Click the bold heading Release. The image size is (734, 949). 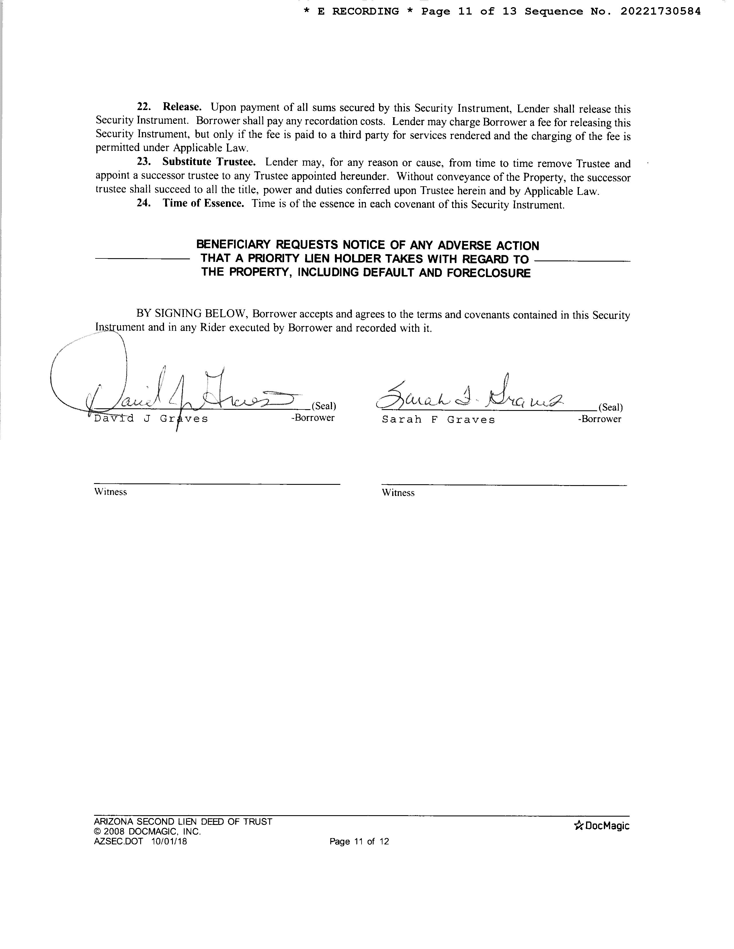pyautogui.click(x=182, y=107)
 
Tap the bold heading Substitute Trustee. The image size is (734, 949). pyautogui.click(x=209, y=162)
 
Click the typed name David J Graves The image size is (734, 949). pyautogui.click(x=151, y=419)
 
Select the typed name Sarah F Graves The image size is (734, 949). pyautogui.click(x=438, y=420)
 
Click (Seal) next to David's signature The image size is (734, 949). pyautogui.click(x=323, y=406)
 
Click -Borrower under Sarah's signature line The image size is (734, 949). pyautogui.click(x=599, y=419)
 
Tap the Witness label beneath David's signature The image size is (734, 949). pyautogui.click(x=110, y=492)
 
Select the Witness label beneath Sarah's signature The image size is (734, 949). pyautogui.click(x=398, y=493)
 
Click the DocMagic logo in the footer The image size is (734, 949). pyautogui.click(x=602, y=825)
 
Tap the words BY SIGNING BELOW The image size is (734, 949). pyautogui.click(x=193, y=314)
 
